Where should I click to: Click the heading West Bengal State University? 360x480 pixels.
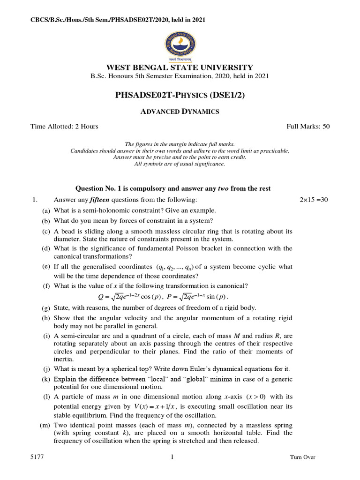coord(180,67)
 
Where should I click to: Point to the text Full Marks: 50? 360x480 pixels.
coord(308,127)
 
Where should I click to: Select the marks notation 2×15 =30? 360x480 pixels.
coord(314,200)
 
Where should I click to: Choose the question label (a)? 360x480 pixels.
coord(45,211)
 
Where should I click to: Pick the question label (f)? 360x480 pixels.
coord(46,286)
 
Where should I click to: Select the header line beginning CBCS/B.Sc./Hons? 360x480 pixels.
coord(111,20)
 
